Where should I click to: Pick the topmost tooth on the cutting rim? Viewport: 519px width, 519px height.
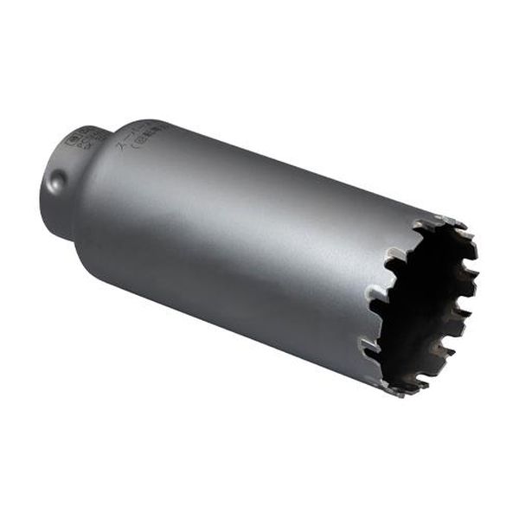pos(450,221)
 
